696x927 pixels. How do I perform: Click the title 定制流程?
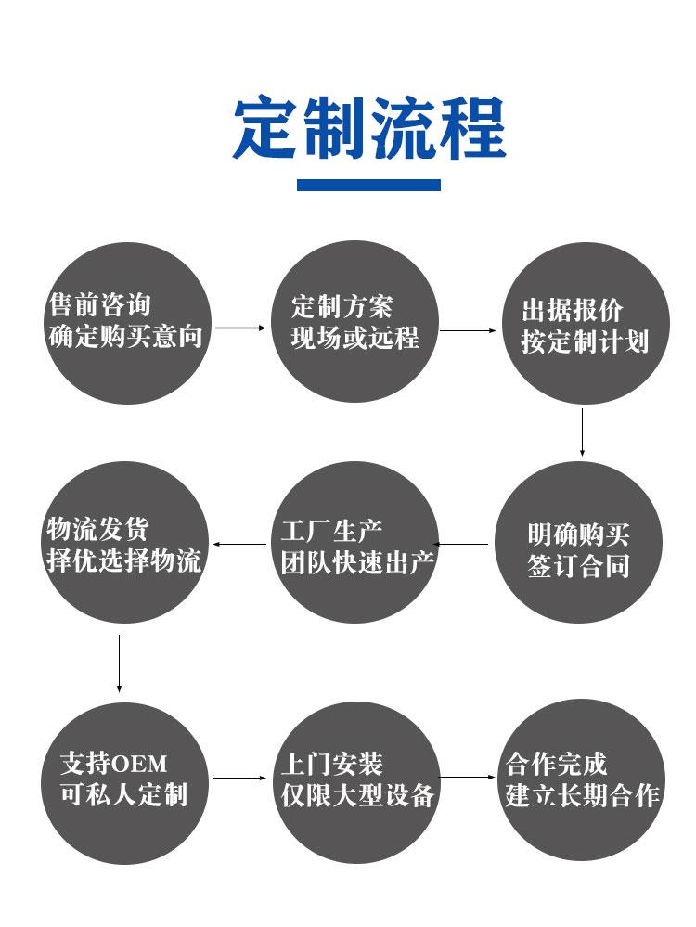pos(369,128)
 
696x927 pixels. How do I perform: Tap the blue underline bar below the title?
pos(368,185)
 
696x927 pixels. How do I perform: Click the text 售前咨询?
pos(100,305)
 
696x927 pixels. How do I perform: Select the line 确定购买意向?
pos(126,336)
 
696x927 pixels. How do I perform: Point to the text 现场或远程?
pos(354,338)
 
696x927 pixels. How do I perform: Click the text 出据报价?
pos(573,310)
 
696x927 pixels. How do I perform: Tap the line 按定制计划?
pos(585,341)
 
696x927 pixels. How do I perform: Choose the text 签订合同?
pos(579,566)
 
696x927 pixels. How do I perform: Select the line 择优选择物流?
pos(124,560)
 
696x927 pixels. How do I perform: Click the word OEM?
pos(139,764)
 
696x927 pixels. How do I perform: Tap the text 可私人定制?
pos(124,794)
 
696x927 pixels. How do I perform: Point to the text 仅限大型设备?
pos(358,795)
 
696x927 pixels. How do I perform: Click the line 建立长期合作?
pos(583,795)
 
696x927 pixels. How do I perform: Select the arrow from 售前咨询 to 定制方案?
pos(240,328)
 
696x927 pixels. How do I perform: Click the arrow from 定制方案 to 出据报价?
pos(468,330)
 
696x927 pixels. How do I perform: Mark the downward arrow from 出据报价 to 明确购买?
pos(582,432)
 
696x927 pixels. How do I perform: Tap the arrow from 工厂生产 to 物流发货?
pos(239,544)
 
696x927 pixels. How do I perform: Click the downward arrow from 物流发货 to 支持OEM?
pos(120,663)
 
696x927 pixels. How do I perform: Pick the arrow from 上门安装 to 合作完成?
pos(467,777)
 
